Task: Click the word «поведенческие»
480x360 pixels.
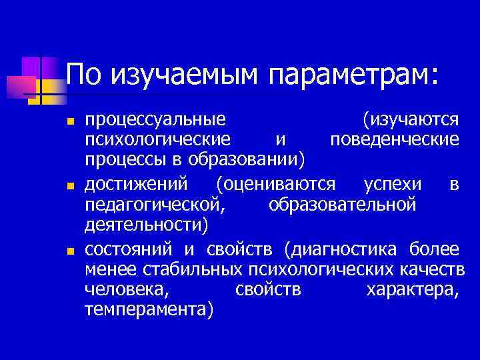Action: click(x=395, y=140)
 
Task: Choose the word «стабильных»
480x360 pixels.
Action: click(x=201, y=270)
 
